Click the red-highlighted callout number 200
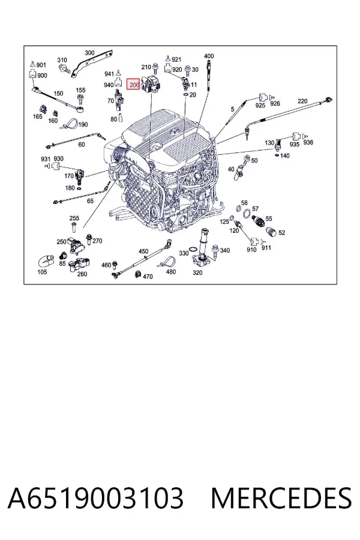(134, 85)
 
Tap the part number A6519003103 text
(95, 498)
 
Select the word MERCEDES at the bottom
(281, 498)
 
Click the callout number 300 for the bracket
(89, 53)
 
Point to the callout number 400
(209, 56)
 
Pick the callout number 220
(302, 101)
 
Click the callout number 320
(197, 272)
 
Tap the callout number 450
(143, 251)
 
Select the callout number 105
(42, 272)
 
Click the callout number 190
(83, 124)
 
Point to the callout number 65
(90, 201)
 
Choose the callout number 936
(308, 142)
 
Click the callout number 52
(281, 232)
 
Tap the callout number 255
(74, 218)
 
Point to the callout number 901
(41, 65)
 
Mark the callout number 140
(285, 155)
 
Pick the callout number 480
(170, 271)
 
